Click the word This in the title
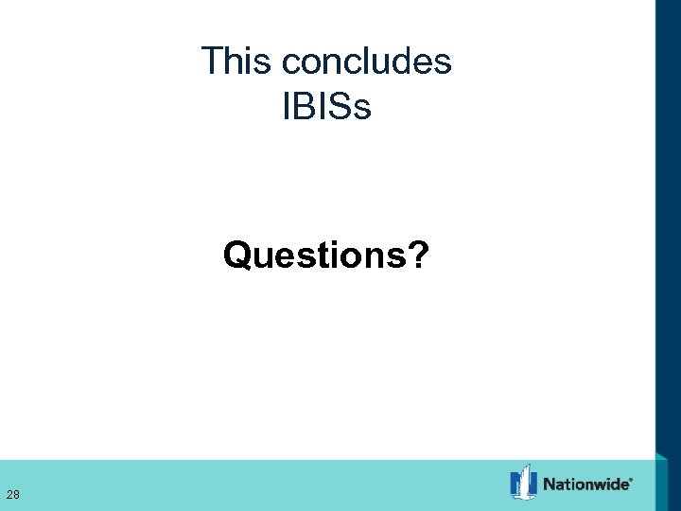tap(237, 62)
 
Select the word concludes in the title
tap(367, 62)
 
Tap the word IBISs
tap(326, 107)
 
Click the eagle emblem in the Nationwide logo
tap(523, 483)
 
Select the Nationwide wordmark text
tap(586, 485)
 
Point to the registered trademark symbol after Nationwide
tap(632, 479)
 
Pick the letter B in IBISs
tap(301, 107)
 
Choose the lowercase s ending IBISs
tap(363, 110)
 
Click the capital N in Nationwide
tap(550, 485)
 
